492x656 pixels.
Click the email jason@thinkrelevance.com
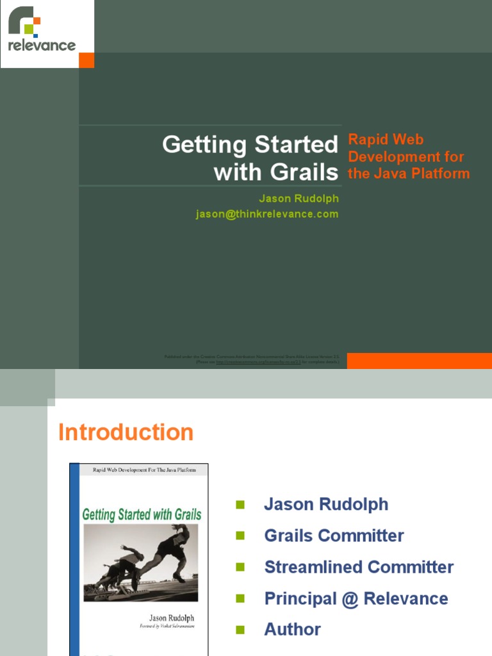click(266, 214)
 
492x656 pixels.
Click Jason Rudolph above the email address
click(299, 199)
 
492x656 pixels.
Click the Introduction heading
click(126, 432)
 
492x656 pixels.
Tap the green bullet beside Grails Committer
click(240, 536)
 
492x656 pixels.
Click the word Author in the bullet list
click(292, 629)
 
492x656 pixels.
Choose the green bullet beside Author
click(240, 630)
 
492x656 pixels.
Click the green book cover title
click(142, 514)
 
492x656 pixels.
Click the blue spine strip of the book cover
click(74, 557)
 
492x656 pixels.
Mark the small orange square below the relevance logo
click(86, 60)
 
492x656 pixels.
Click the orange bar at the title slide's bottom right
click(419, 361)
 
